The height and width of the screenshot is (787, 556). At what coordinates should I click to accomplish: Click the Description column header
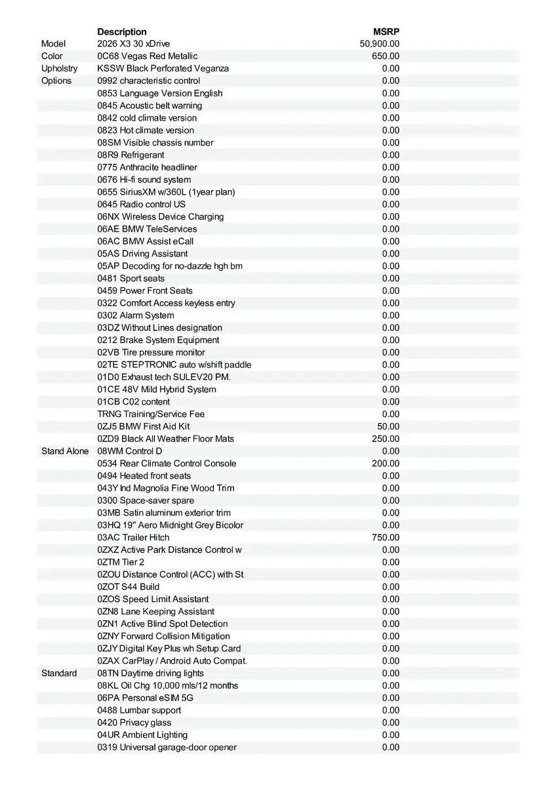[122, 31]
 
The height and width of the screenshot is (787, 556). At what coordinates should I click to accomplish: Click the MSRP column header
[386, 31]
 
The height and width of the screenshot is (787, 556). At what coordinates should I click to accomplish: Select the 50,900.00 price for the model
[380, 44]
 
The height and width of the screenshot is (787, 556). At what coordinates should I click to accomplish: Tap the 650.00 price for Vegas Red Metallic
[386, 56]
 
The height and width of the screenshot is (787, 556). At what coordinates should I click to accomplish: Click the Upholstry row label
[59, 69]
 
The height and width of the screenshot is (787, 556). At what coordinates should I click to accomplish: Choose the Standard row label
[59, 674]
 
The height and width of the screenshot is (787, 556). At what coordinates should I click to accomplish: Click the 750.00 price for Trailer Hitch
[386, 538]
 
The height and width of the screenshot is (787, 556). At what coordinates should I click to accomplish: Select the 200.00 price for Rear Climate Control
[386, 464]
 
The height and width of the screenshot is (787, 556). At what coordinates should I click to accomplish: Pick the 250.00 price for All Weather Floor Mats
[386, 439]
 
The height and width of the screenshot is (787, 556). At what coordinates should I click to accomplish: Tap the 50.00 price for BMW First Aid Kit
[388, 426]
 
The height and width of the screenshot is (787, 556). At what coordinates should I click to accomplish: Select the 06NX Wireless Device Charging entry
[161, 216]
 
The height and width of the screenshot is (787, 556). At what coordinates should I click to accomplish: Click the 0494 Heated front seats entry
[144, 476]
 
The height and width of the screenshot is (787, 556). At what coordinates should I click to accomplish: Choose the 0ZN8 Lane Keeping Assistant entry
[156, 612]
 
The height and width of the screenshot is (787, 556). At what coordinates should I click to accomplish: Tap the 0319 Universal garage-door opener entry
[167, 748]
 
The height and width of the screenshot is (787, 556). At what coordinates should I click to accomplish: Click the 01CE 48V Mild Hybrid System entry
[157, 390]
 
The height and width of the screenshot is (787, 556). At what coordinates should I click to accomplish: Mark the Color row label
[52, 56]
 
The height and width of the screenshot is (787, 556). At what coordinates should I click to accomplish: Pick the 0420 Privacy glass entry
[134, 723]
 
